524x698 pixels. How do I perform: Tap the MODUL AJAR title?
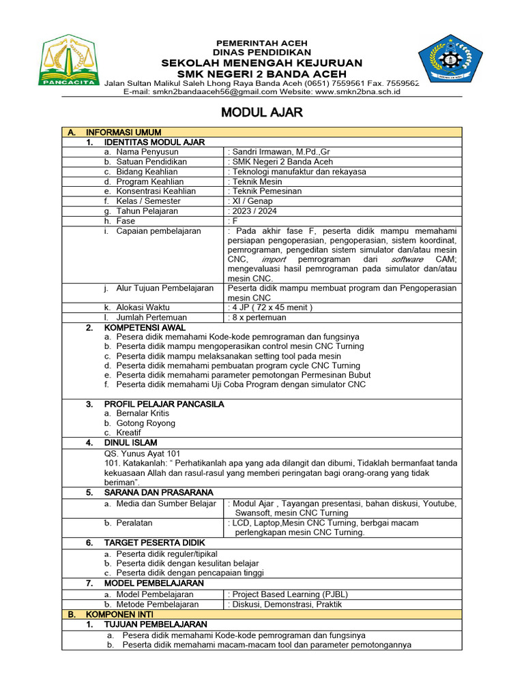click(262, 112)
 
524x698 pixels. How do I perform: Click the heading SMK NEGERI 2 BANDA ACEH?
click(262, 74)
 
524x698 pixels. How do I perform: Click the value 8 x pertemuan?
click(259, 318)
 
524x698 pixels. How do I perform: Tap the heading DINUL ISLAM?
click(130, 442)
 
